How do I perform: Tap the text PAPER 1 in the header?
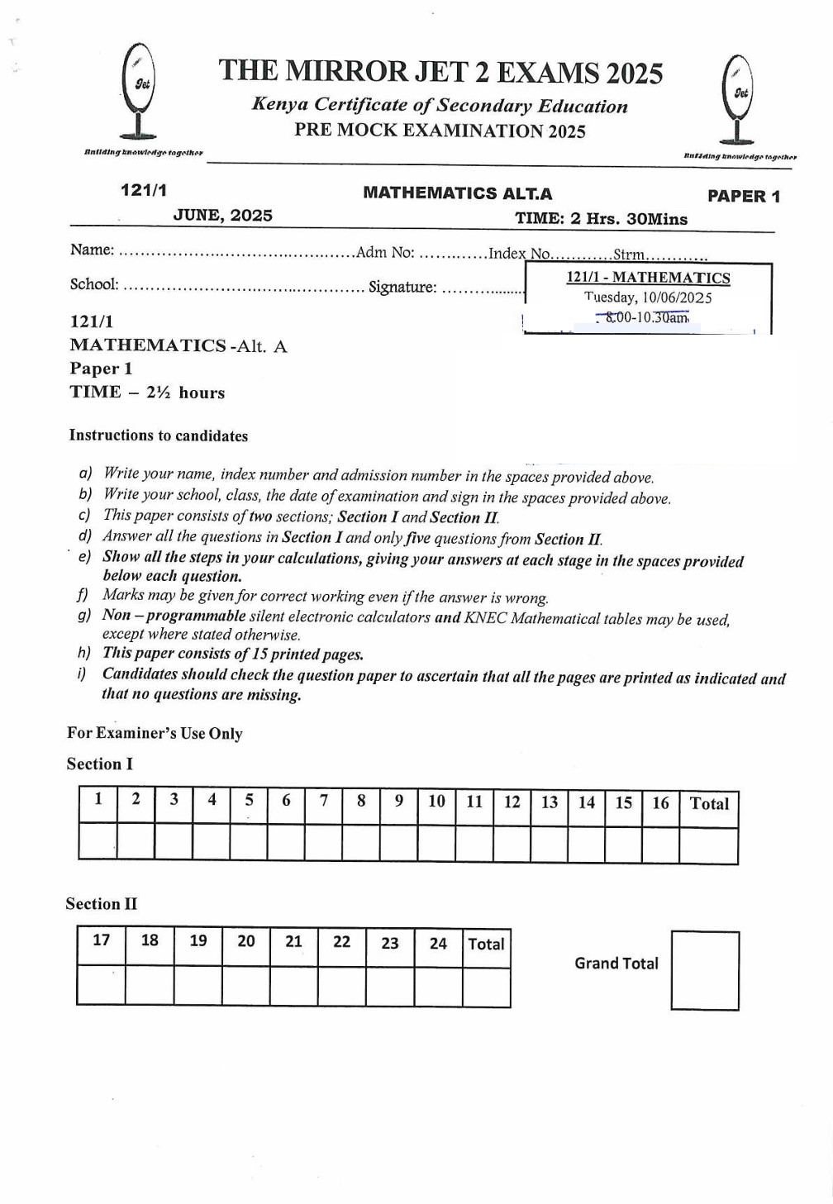(x=743, y=197)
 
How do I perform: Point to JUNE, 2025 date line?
(x=222, y=216)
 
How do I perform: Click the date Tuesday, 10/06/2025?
(x=647, y=297)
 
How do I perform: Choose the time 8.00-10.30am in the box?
(x=645, y=317)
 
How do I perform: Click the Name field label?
(x=92, y=250)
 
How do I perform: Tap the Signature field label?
(x=402, y=288)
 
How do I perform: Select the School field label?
(x=94, y=284)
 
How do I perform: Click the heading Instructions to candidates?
(x=159, y=435)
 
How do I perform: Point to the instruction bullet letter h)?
(x=84, y=653)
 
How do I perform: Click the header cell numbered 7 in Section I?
(x=324, y=801)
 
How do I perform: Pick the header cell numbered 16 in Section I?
(x=660, y=803)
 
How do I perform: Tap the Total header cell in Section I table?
(x=709, y=803)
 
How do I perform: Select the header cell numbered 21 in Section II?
(x=293, y=942)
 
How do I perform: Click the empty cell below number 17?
(x=101, y=985)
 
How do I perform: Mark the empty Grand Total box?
(x=705, y=970)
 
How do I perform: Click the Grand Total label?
(x=616, y=964)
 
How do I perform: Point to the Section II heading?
(x=102, y=904)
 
